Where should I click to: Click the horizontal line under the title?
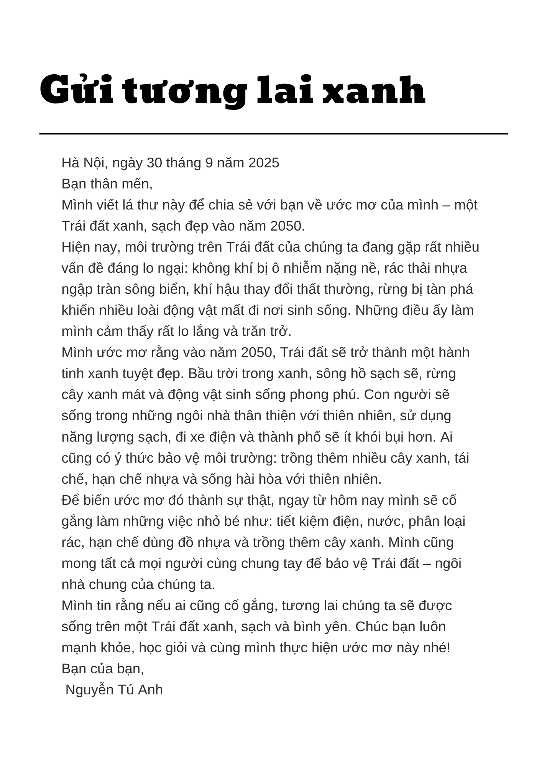(273, 134)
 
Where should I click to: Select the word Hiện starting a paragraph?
(76, 247)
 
